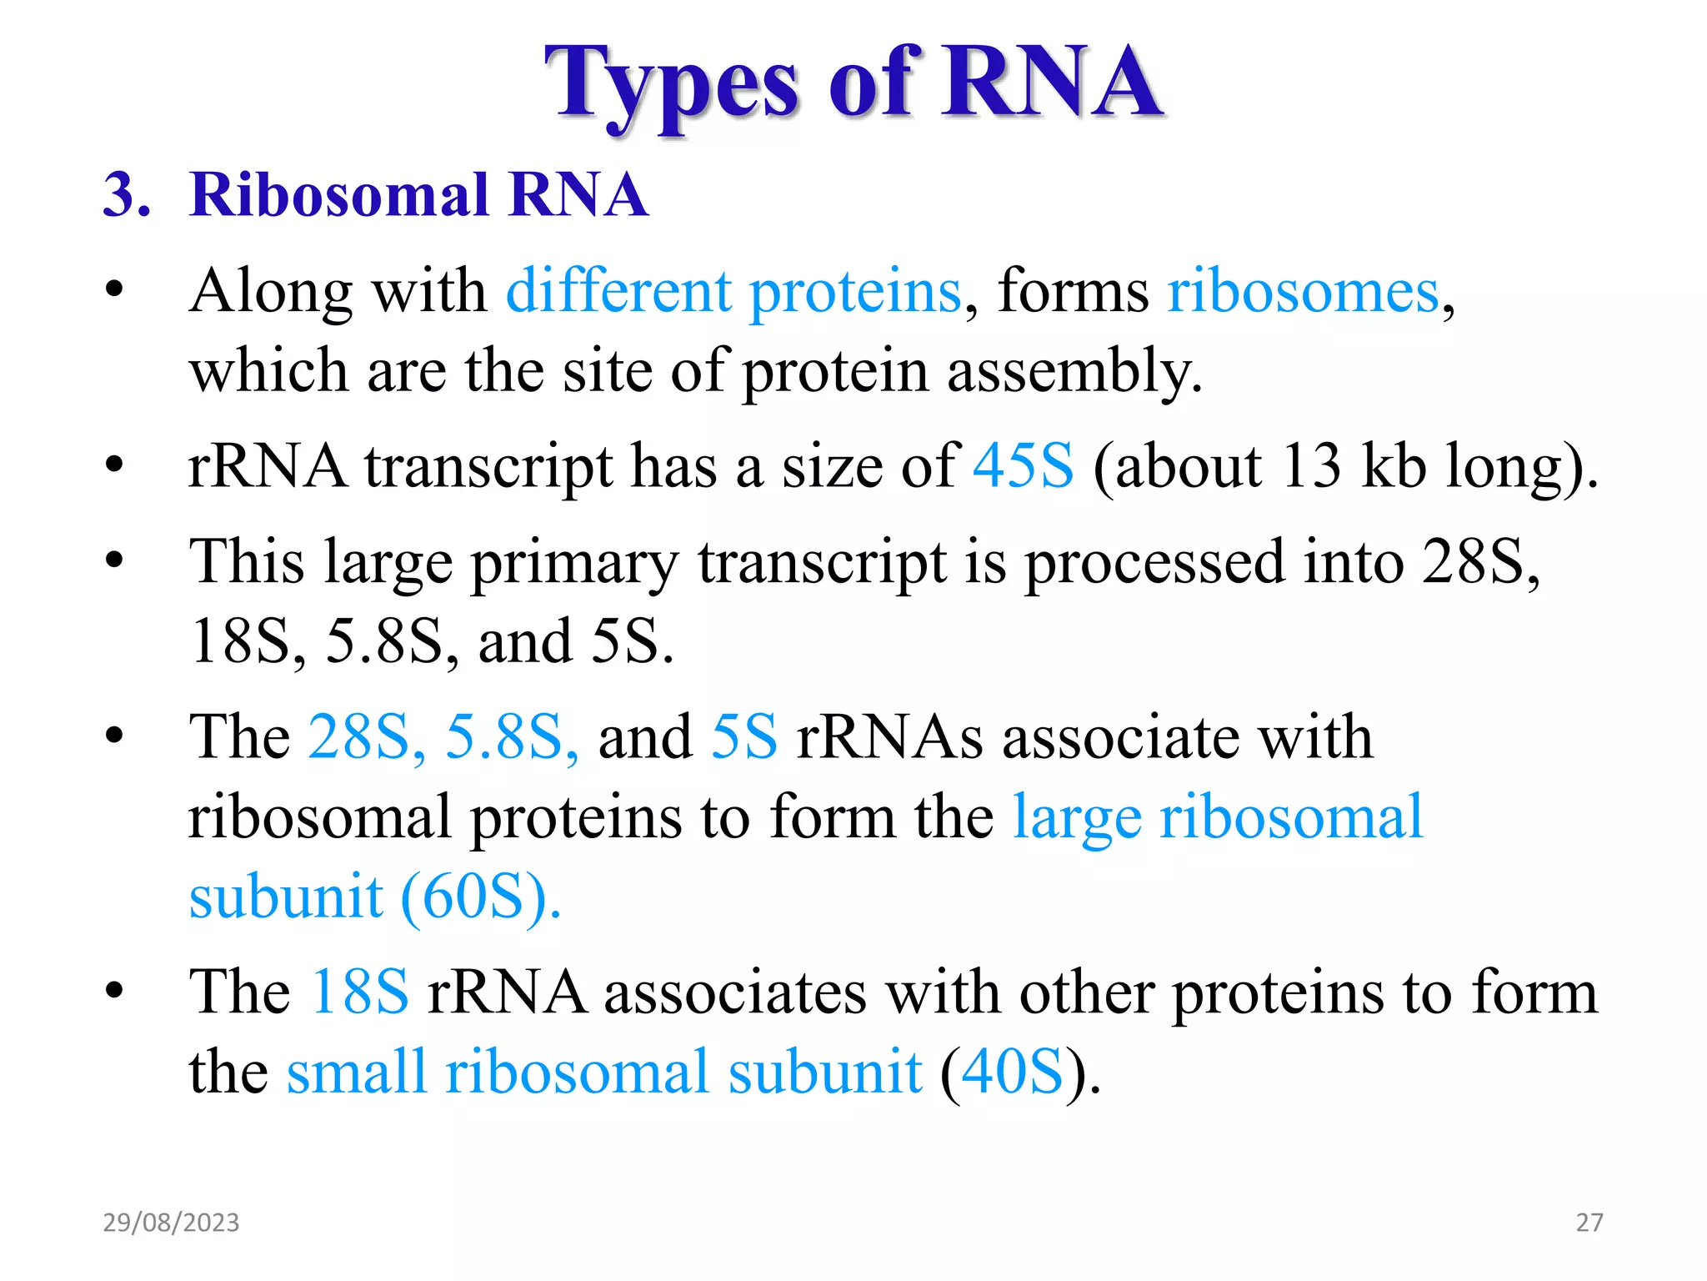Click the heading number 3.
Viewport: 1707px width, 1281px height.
[126, 195]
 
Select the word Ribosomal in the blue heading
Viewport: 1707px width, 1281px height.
[338, 195]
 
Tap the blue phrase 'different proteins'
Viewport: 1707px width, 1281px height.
[733, 292]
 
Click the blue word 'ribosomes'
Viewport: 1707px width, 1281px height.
[1303, 292]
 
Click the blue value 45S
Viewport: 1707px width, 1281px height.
[1024, 465]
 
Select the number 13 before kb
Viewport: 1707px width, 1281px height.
[1310, 465]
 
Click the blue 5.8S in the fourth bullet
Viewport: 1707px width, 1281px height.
[510, 737]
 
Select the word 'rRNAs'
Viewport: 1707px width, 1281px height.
[889, 737]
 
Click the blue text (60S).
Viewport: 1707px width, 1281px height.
[481, 897]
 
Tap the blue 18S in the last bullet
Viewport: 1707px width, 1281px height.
[359, 992]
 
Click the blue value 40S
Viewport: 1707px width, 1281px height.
[1012, 1072]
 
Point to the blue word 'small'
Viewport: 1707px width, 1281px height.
[357, 1072]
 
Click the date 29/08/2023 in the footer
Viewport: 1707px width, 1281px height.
[171, 1223]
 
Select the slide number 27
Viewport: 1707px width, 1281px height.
[1589, 1223]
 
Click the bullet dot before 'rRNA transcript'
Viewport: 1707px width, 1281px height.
[114, 465]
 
